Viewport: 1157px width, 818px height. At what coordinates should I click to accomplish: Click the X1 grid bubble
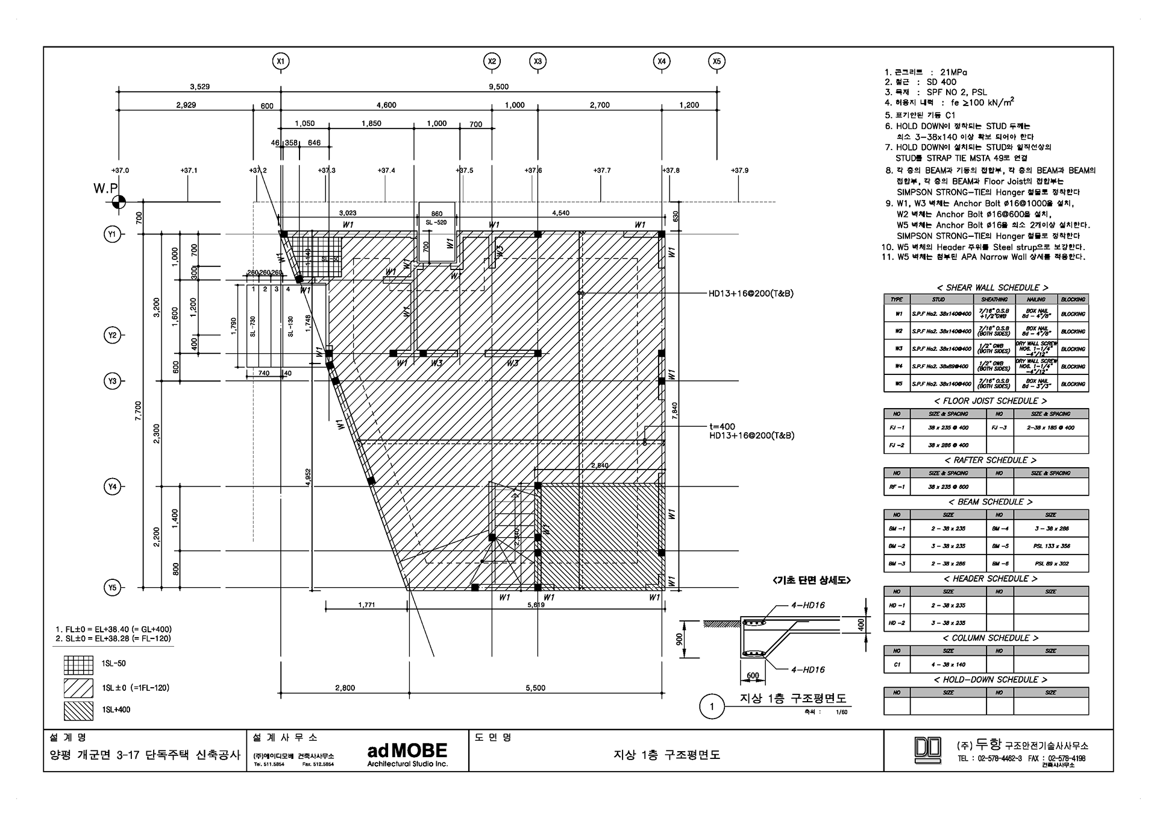tap(280, 61)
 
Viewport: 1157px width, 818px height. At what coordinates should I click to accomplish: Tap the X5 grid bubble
tap(716, 61)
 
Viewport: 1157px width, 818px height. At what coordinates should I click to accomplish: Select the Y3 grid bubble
tap(113, 381)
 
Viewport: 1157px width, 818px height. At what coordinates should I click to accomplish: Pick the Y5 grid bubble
tap(113, 587)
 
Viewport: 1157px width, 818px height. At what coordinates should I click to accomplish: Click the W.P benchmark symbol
tap(119, 202)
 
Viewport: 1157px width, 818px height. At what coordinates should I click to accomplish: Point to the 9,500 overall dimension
tap(498, 87)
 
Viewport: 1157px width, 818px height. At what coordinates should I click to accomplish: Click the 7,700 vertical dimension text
tap(138, 410)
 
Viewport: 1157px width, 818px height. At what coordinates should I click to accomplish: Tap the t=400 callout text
tap(723, 426)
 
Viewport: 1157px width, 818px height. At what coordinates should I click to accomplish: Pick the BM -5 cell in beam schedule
tap(1000, 546)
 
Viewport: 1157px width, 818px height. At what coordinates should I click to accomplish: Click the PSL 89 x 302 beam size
tap(1051, 564)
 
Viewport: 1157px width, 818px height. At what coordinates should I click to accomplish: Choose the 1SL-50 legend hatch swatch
tap(78, 664)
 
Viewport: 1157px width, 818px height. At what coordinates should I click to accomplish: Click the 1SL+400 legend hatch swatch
tap(78, 711)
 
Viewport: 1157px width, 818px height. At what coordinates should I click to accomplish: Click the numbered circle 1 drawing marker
tap(712, 706)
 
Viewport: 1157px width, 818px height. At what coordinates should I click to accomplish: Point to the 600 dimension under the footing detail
tap(753, 676)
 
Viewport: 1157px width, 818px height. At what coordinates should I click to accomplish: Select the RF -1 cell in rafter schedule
tap(897, 486)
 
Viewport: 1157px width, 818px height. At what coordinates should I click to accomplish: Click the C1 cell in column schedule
tap(897, 664)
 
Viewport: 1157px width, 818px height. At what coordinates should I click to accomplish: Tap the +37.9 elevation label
tap(739, 171)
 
